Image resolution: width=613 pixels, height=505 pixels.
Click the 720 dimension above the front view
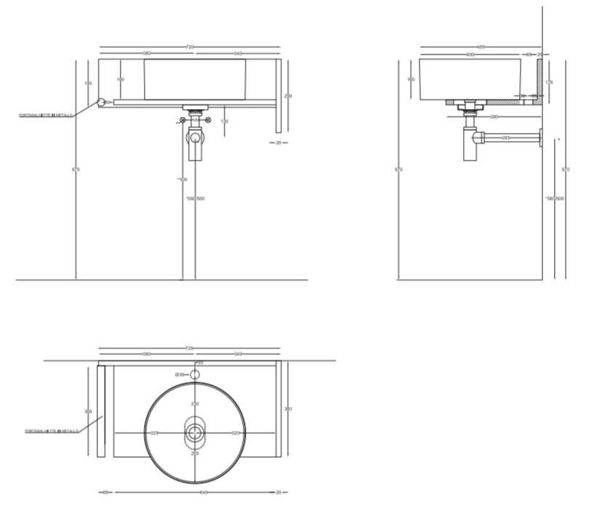pos(190,47)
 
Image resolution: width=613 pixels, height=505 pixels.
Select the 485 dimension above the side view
pos(481,47)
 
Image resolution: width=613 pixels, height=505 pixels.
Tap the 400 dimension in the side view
pos(470,54)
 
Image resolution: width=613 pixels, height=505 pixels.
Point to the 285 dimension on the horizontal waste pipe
pos(506,137)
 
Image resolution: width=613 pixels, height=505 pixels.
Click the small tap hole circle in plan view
pos(194,375)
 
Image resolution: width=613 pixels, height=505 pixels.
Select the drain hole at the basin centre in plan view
pos(194,432)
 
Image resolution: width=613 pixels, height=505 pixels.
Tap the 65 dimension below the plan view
pos(105,492)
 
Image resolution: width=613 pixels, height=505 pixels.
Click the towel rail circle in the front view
pos(101,102)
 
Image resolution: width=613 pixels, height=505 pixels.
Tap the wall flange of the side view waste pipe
pos(540,137)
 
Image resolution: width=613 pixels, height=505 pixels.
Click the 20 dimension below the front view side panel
pos(278,142)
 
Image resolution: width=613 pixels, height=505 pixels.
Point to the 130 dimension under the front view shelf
pos(225,121)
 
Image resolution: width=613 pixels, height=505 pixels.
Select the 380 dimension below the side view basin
pos(494,116)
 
